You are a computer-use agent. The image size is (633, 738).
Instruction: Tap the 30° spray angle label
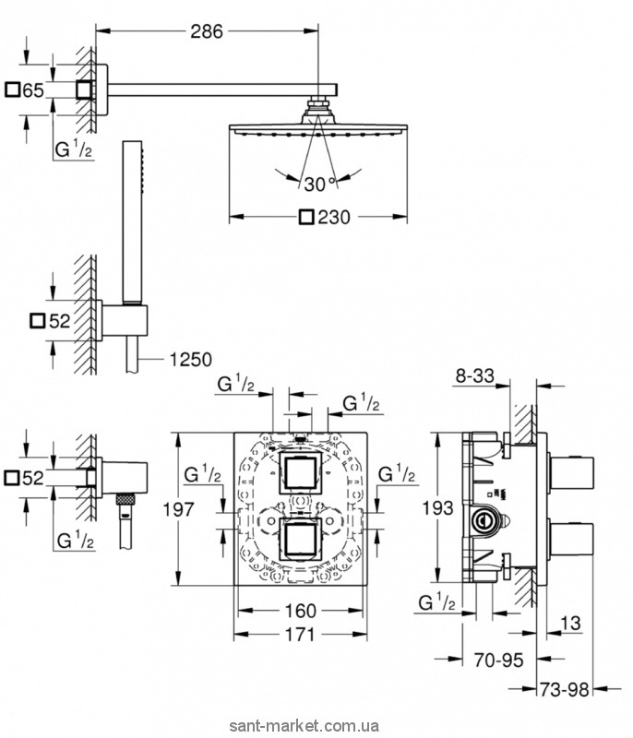click(318, 184)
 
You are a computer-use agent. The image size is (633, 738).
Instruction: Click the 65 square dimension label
click(34, 89)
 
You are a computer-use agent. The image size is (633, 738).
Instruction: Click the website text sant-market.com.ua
click(316, 727)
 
